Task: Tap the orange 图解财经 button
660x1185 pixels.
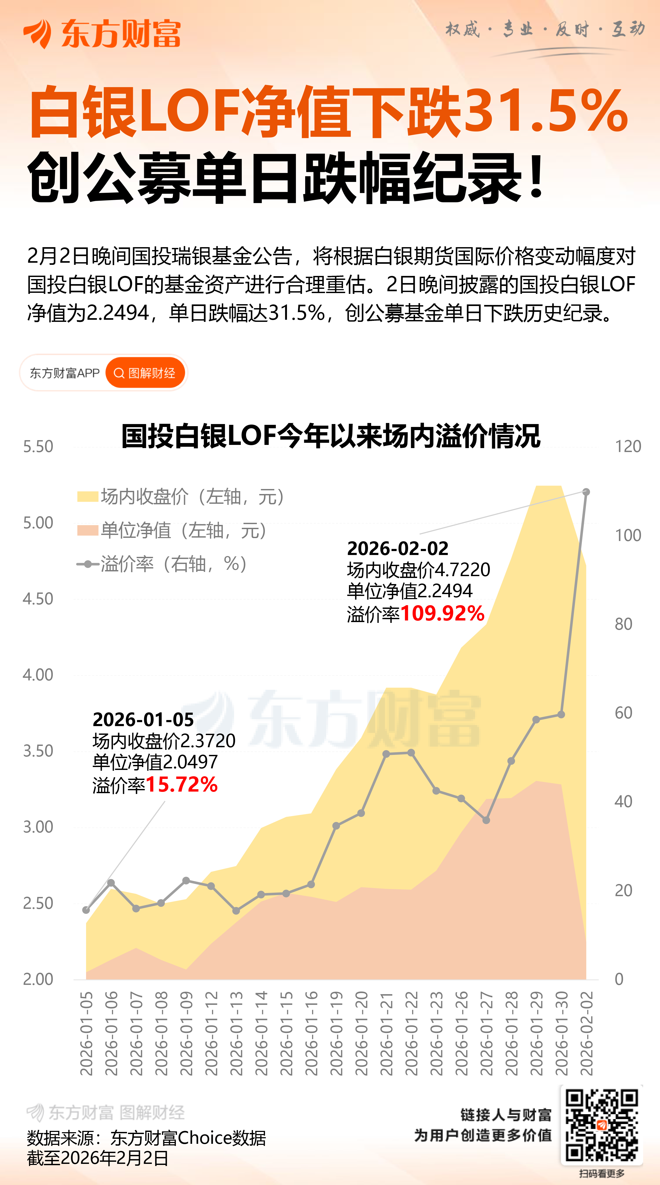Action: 145,373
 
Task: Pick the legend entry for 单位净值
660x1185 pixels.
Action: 172,530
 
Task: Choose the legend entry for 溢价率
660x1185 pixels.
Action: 163,564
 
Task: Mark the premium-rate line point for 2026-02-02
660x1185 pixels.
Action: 586,492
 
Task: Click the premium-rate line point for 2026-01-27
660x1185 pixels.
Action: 486,820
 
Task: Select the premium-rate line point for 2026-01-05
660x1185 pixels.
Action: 86,910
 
